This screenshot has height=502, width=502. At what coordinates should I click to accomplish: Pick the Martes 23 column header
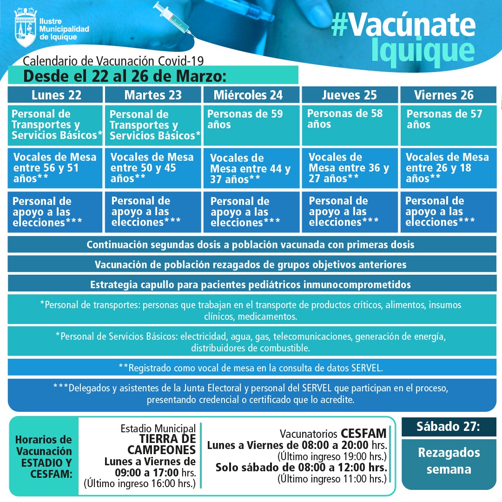pyautogui.click(x=153, y=95)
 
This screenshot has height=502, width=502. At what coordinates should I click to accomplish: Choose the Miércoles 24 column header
pyautogui.click(x=248, y=95)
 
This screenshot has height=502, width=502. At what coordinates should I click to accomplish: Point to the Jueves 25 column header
pyautogui.click(x=349, y=95)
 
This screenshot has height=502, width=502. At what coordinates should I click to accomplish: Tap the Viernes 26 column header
pyautogui.click(x=444, y=95)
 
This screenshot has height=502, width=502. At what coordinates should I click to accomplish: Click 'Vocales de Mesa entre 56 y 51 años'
pyautogui.click(x=55, y=168)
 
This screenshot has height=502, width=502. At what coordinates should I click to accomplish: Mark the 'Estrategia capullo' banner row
pyautogui.click(x=251, y=284)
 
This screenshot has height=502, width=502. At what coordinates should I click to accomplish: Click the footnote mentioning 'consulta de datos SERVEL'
pyautogui.click(x=251, y=367)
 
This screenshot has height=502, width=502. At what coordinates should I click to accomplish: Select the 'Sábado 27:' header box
pyautogui.click(x=442, y=427)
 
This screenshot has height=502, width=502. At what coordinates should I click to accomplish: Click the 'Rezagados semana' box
pyautogui.click(x=442, y=461)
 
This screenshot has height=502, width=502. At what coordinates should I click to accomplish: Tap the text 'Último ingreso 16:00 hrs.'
pyautogui.click(x=139, y=484)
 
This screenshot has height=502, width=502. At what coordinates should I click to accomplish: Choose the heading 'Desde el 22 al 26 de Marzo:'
pyautogui.click(x=125, y=75)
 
